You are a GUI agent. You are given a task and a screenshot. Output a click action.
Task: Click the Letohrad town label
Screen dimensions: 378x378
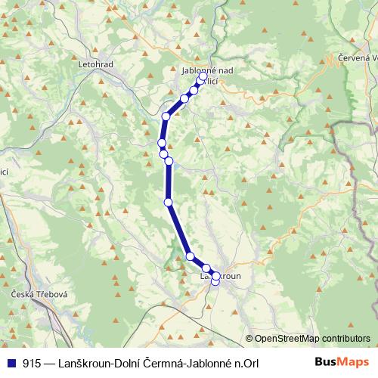coord(95,64)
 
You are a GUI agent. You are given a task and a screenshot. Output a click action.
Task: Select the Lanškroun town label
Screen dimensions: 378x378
coord(220,277)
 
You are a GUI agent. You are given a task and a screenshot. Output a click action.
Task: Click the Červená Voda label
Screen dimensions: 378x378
coord(355,58)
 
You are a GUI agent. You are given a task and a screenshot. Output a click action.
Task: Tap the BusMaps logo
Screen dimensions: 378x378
coord(342,362)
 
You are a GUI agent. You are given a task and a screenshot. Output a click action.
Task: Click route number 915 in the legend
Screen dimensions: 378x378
coord(31,362)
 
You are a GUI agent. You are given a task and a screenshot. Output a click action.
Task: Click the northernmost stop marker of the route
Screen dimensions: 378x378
coord(203,77)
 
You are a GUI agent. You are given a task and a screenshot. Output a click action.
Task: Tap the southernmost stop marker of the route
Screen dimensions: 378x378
coord(215,282)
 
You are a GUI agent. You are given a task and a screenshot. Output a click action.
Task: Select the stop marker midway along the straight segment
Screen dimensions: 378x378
coord(168,201)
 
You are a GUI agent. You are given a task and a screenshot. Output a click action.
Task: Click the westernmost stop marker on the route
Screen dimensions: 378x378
coord(161,143)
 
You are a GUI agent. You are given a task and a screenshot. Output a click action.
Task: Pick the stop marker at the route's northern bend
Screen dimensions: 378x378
coord(166,116)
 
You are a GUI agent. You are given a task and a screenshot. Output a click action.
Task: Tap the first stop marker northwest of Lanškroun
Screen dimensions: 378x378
coord(206,268)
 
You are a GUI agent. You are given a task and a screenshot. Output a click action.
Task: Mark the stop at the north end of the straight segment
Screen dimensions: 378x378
coord(169,160)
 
